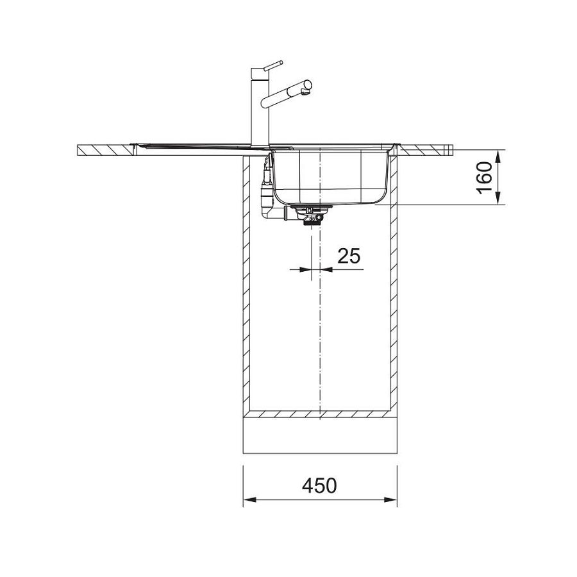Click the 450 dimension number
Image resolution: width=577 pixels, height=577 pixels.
319,486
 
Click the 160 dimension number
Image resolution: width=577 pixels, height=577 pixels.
485,178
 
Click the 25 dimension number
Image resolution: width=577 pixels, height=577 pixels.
349,256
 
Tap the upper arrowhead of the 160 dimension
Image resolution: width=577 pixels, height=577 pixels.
498,158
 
